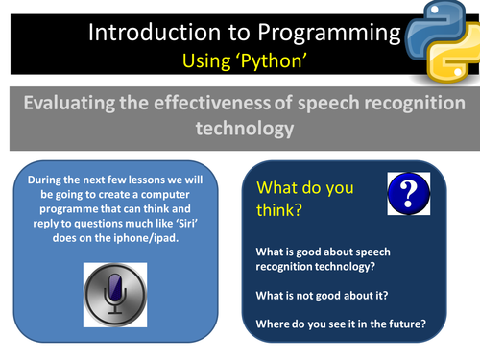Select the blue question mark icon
coord(407,194)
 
